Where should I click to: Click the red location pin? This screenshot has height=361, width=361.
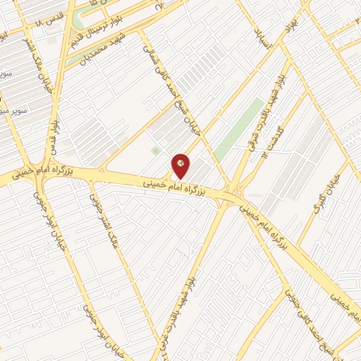180,164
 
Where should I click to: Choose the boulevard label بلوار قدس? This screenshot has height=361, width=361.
52,130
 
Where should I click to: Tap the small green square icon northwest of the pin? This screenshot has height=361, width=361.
155,150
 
